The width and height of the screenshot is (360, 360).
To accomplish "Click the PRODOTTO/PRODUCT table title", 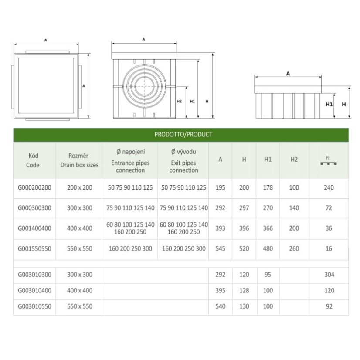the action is click(x=183, y=135).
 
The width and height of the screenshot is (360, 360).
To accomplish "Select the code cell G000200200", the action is click(x=34, y=187).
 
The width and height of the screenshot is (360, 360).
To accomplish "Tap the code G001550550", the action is click(x=34, y=249).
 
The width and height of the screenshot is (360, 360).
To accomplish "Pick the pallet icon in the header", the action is click(x=328, y=163).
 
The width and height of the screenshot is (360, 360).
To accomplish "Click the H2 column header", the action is click(x=294, y=160).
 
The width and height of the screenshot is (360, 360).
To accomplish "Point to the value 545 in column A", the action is click(x=220, y=249).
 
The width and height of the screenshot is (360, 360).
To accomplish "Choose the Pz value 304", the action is click(x=329, y=275).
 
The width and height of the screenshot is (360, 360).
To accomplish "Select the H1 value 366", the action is click(x=268, y=228).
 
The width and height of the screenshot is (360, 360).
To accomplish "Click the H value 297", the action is click(x=244, y=208).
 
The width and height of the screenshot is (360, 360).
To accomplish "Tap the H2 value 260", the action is click(x=294, y=249).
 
